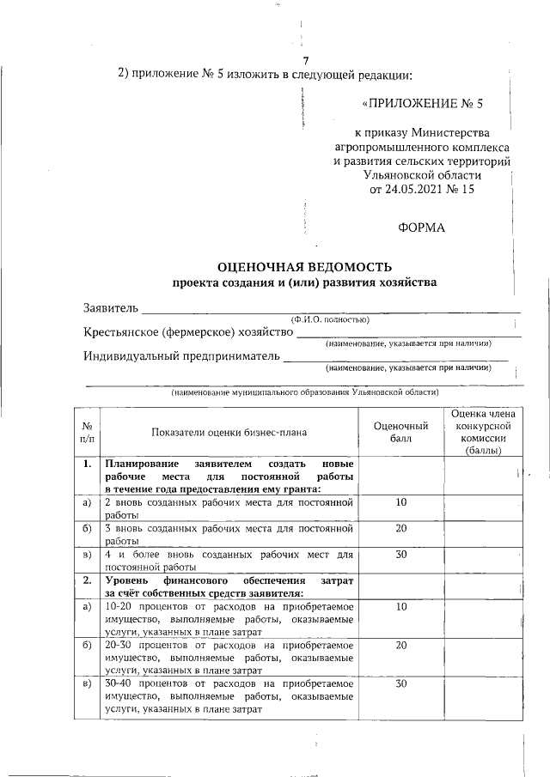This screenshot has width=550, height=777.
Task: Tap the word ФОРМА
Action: (x=422, y=228)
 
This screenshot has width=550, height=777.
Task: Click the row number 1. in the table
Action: (x=87, y=464)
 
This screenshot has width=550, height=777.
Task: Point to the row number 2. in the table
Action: (x=87, y=581)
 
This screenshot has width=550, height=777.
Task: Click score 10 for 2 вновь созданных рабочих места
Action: (x=401, y=502)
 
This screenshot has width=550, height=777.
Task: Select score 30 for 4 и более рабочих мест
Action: (x=401, y=555)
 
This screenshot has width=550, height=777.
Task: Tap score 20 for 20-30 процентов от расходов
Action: (x=401, y=645)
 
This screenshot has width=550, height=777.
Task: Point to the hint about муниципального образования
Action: (x=304, y=392)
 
